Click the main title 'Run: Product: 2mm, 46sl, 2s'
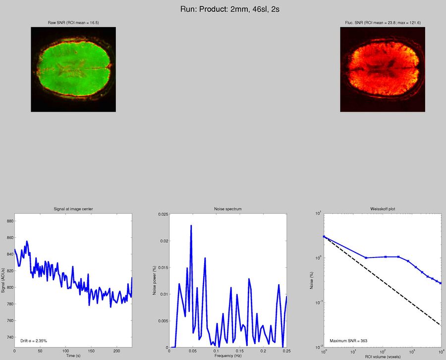[223, 9]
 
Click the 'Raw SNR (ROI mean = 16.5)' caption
[73, 23]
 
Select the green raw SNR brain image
[73, 69]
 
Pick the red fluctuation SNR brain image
[382, 69]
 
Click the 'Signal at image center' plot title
[73, 209]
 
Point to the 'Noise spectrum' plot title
[228, 209]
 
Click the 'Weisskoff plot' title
[383, 209]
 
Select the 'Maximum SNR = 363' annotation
[348, 341]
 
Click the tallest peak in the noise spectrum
[191, 226]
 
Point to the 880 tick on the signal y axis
[9, 221]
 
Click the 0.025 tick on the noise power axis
[162, 214]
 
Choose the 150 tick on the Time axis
[88, 351]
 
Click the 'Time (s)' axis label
[73, 356]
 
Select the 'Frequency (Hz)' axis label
[228, 356]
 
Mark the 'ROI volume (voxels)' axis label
[383, 356]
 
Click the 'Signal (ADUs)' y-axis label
[3, 280]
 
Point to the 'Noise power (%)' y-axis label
[155, 280]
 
